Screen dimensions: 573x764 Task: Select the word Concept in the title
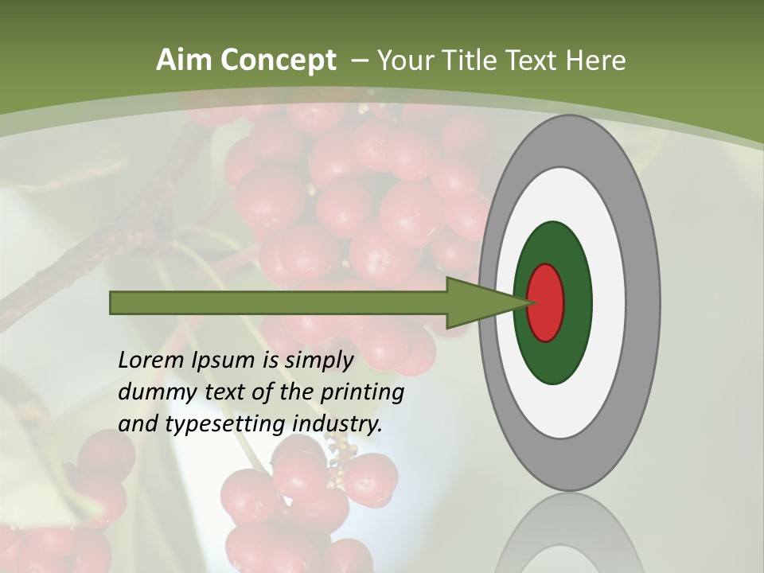pyautogui.click(x=278, y=60)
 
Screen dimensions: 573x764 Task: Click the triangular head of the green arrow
pyautogui.click(x=477, y=302)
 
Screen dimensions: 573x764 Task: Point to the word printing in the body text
pyautogui.click(x=362, y=392)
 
